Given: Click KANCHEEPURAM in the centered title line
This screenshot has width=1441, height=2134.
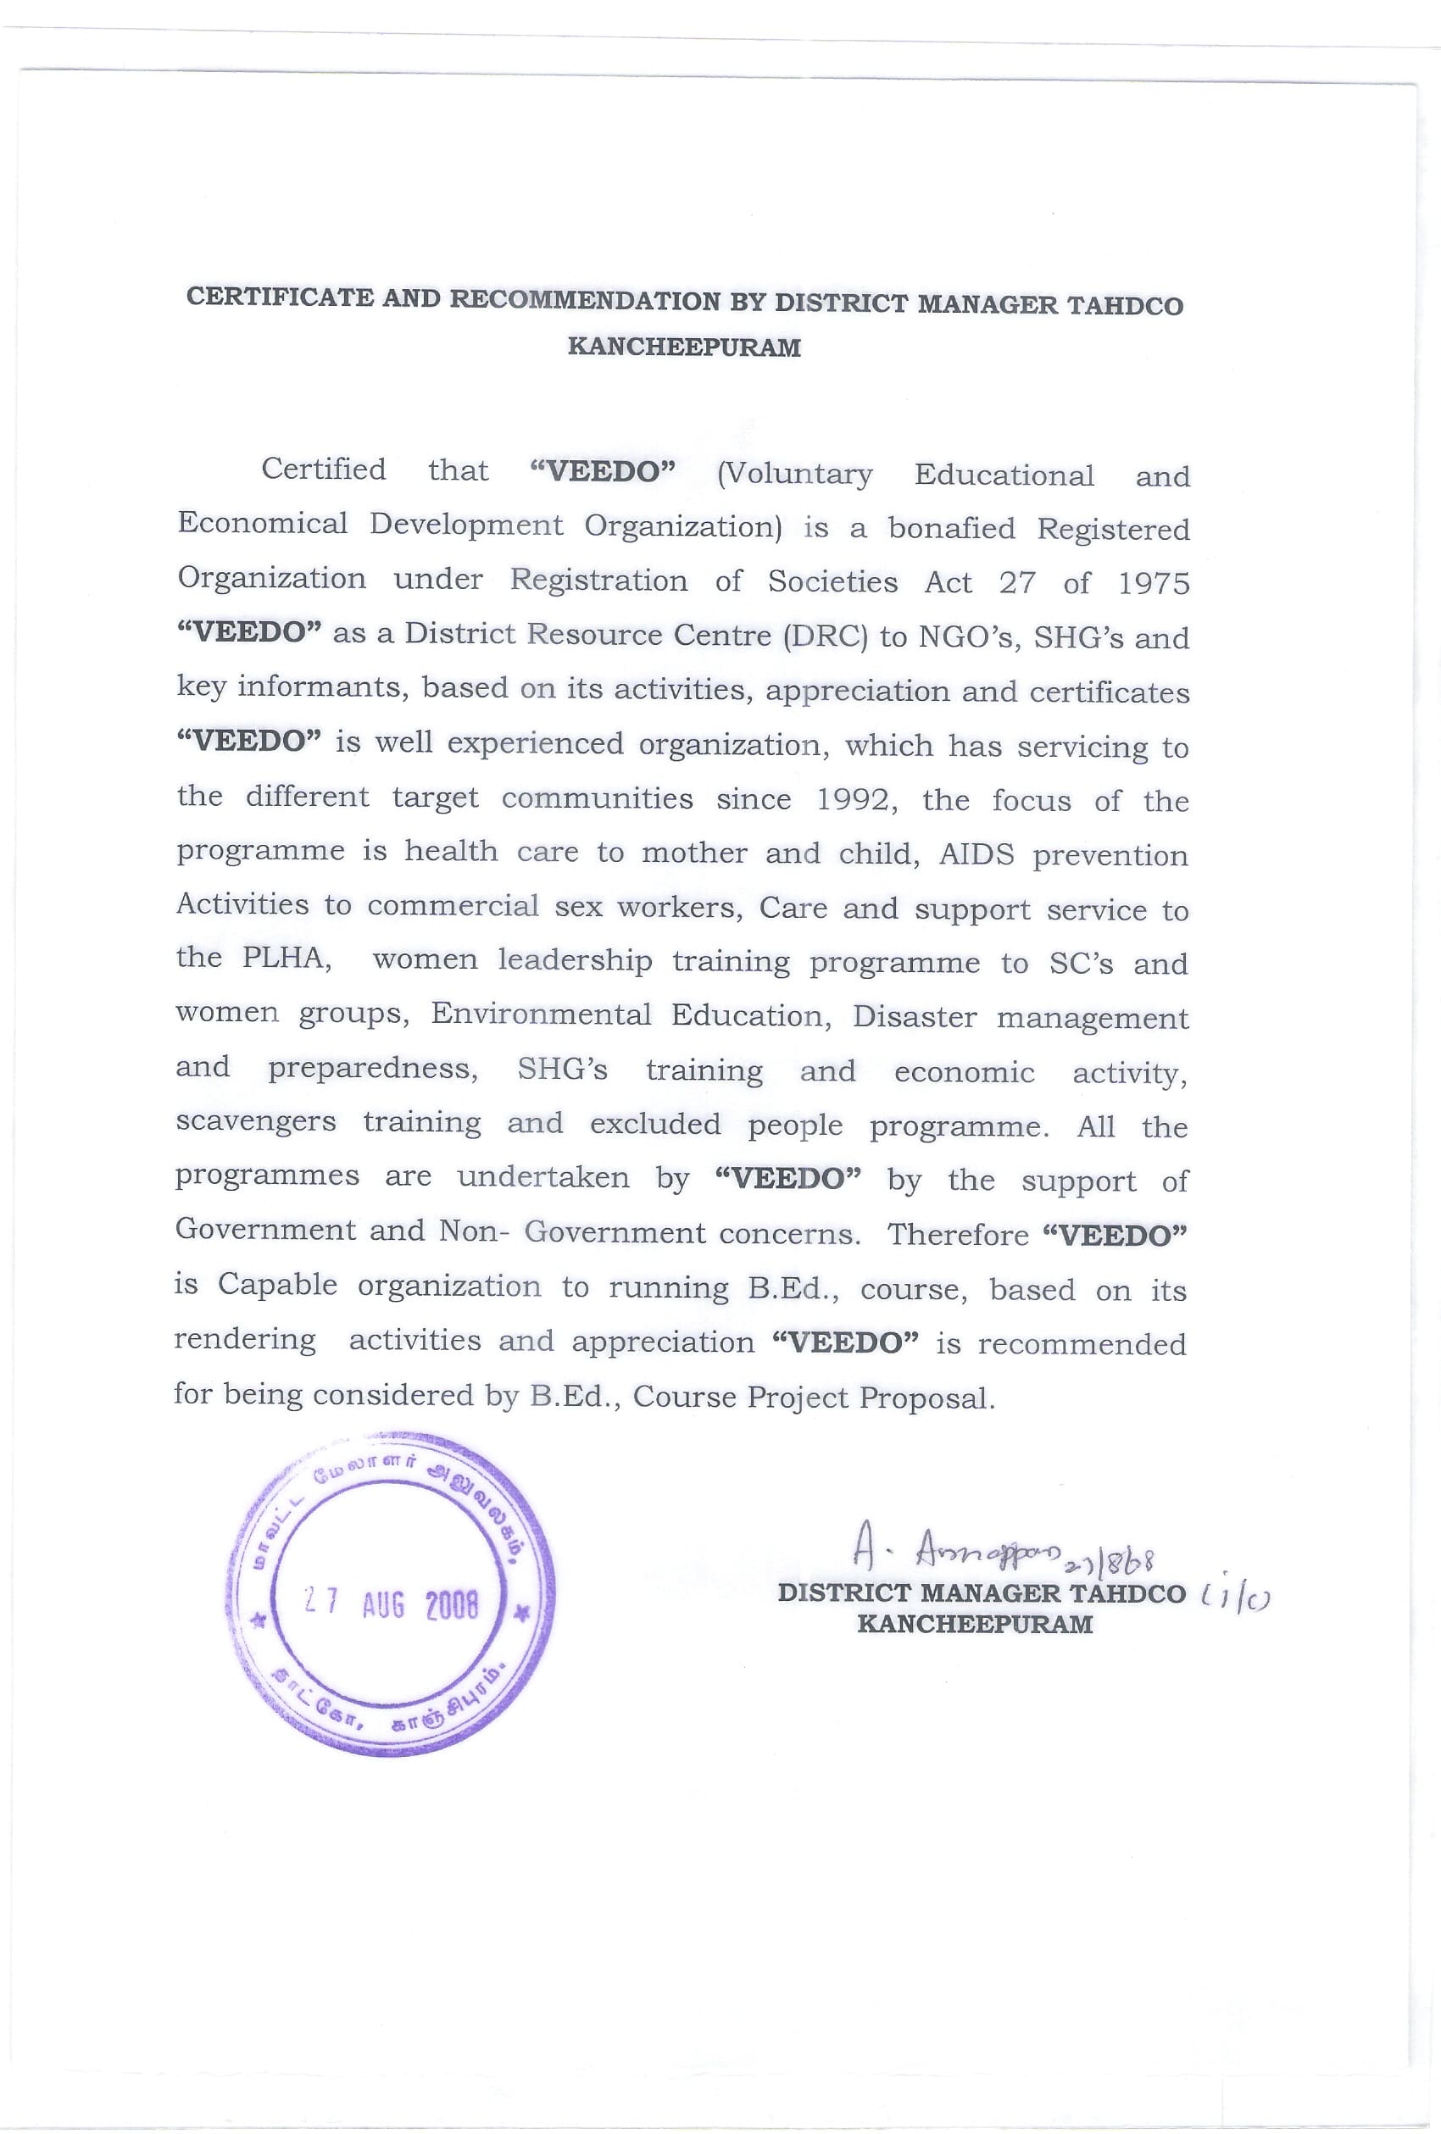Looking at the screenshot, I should (684, 347).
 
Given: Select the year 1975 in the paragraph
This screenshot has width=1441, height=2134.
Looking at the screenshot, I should (1154, 583).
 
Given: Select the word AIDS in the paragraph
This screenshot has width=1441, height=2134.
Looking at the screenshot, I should (976, 854).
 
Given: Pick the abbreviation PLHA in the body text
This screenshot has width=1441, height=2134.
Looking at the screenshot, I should (283, 958).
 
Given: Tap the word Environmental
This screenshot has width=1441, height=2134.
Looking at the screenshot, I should (541, 1014).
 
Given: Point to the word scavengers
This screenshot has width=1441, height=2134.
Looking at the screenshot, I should (255, 1122).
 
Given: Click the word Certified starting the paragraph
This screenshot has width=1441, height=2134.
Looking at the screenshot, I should (323, 470).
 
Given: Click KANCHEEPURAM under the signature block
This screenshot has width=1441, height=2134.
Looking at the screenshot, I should (975, 1624).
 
